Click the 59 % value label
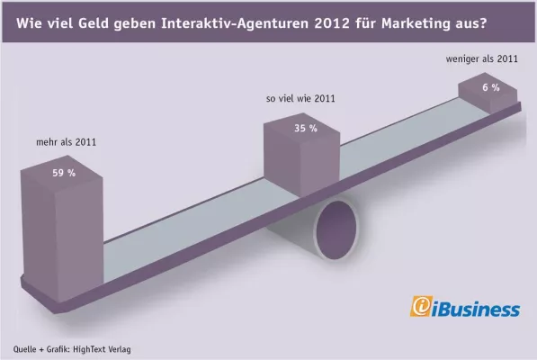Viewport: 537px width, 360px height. (x=64, y=173)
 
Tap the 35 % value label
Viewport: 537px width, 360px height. (x=306, y=129)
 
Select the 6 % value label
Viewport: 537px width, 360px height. (x=490, y=87)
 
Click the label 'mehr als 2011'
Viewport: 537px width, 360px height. (x=60, y=141)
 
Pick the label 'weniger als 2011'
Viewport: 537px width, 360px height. (x=482, y=60)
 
